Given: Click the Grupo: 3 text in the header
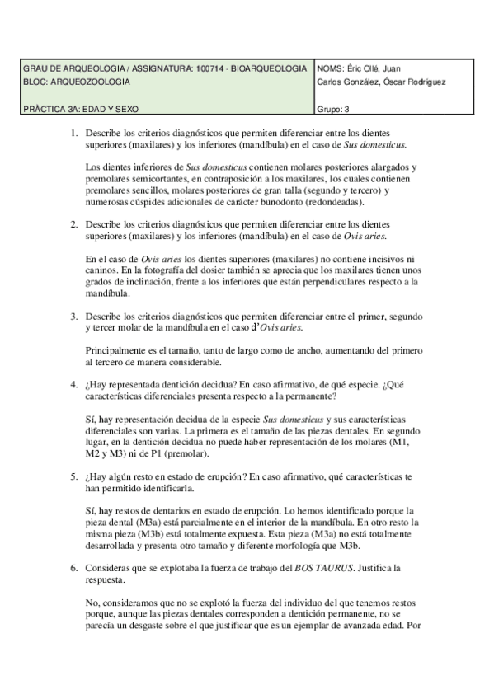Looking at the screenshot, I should tap(333, 108).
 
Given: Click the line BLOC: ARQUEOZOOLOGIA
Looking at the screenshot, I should tap(77, 82).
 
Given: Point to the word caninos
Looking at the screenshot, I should tap(102, 270).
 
